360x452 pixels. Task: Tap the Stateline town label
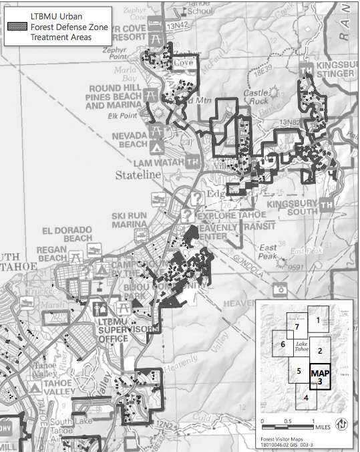[x=139, y=175]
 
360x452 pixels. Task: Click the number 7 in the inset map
[x=296, y=328]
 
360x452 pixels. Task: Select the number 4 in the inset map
[x=305, y=397]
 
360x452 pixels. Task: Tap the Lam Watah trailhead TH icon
[x=193, y=161]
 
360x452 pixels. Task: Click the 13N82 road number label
[x=291, y=123]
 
